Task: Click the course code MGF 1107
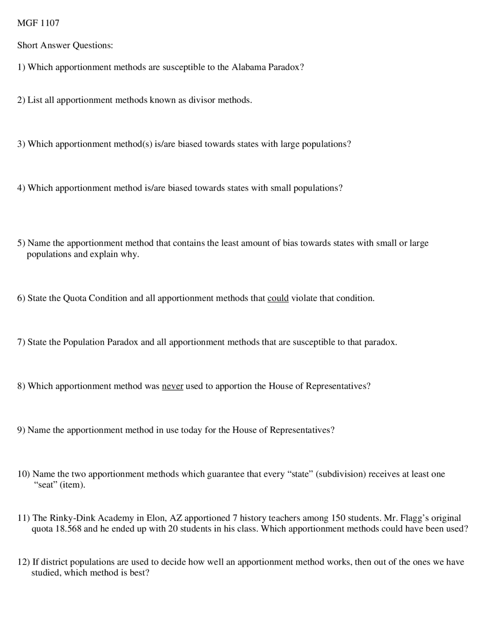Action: [x=38, y=23]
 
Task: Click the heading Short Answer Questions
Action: [x=65, y=45]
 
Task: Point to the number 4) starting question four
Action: [x=21, y=188]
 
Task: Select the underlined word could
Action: [x=278, y=298]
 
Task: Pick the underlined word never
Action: [x=172, y=386]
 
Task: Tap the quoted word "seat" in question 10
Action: [x=45, y=485]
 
